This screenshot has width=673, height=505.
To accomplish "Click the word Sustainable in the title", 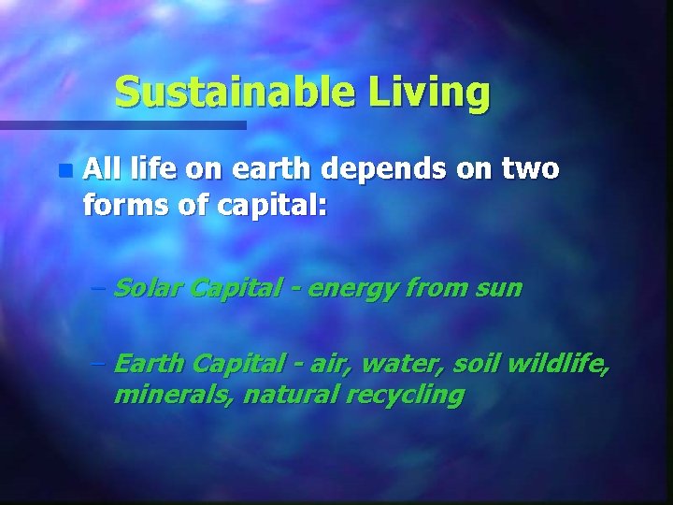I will (x=236, y=93).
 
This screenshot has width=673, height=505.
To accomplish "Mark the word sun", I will (x=497, y=288).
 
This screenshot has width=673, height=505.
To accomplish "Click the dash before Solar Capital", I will (x=100, y=289).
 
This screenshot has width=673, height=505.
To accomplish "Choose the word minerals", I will (x=173, y=396).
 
